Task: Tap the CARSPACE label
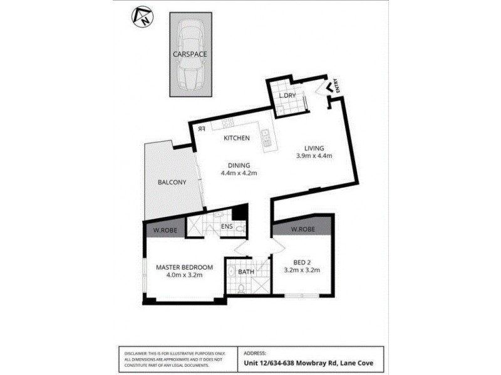190,54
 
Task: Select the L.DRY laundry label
287,96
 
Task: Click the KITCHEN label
237,138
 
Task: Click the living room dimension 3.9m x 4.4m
314,156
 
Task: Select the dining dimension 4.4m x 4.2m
240,173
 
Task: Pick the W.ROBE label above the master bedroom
164,229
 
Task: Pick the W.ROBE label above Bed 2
302,228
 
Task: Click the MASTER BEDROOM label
184,267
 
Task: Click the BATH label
247,272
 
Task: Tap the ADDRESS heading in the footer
254,352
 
